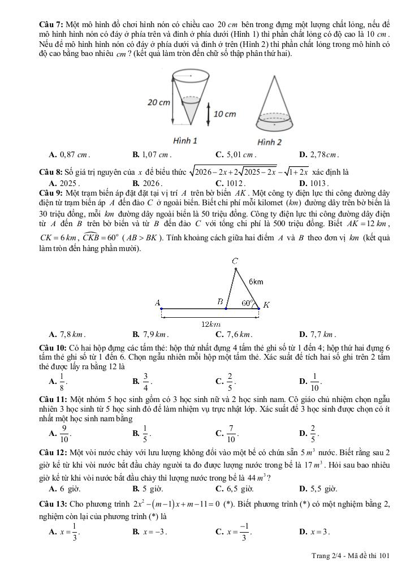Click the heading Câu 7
tap(51, 25)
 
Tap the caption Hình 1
tap(185, 140)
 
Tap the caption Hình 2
tap(269, 141)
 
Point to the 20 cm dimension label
tap(158, 102)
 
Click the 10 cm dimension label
tap(225, 114)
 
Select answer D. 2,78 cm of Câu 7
tap(318, 154)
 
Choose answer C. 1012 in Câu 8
tap(230, 183)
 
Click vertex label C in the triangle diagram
tap(235, 261)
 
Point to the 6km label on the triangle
tap(256, 282)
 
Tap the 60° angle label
tap(247, 303)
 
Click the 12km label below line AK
tap(210, 324)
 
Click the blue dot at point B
tap(226, 309)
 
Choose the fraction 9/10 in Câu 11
tap(64, 433)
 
